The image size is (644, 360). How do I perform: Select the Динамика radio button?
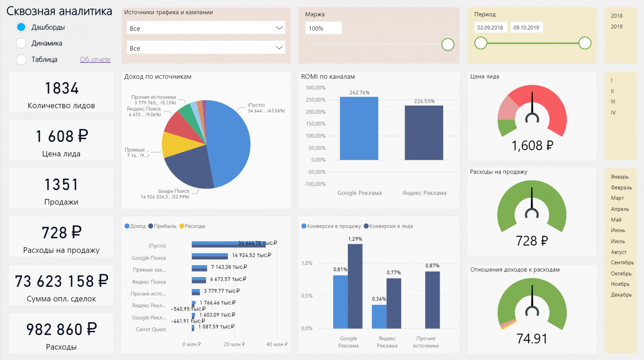(21, 43)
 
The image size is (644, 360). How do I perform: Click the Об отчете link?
(95, 60)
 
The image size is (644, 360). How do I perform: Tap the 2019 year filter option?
(616, 27)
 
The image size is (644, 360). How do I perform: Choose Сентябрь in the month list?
(622, 263)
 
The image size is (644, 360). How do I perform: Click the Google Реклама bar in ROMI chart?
(359, 128)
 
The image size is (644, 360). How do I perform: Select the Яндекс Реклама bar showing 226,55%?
(424, 133)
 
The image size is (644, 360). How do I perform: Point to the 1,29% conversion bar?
(355, 286)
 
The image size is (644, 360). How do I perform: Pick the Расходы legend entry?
(193, 226)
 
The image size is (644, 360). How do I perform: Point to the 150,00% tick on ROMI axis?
(316, 124)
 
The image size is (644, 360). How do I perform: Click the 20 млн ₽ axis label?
(234, 344)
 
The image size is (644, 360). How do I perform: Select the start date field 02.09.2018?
(490, 28)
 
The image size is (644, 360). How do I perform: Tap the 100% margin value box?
(323, 29)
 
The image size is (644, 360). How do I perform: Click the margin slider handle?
(448, 45)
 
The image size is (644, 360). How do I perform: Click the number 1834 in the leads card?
(62, 88)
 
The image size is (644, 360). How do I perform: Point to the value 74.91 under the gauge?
(532, 339)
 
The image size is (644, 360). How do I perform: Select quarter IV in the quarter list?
(613, 113)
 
